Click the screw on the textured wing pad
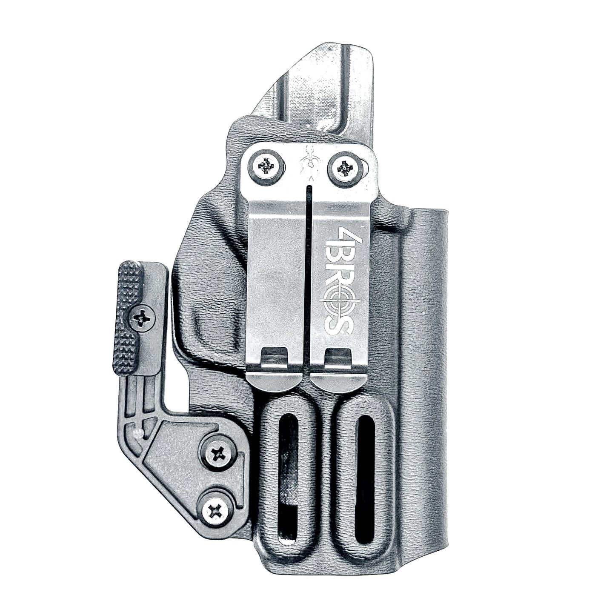click(x=142, y=317)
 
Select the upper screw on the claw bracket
click(x=218, y=454)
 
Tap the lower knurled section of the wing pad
click(x=126, y=353)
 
